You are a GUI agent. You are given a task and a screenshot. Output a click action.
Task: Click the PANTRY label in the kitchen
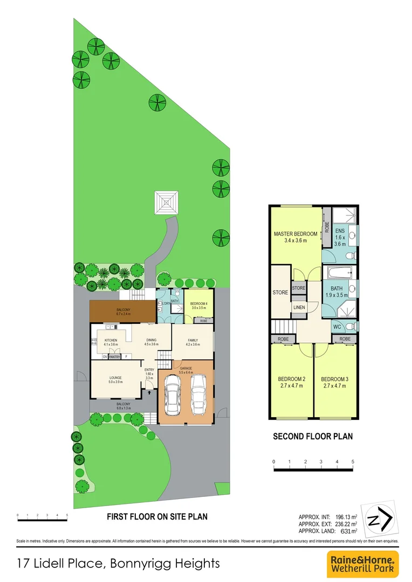[114, 356]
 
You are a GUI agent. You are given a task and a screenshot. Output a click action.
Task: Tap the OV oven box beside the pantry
[105, 356]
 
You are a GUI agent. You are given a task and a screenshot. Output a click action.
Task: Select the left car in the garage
[173, 395]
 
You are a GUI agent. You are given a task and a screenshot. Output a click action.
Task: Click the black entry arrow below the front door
[149, 393]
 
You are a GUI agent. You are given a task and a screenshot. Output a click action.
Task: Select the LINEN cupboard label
[299, 307]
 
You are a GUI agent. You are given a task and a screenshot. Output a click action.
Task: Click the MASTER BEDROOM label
[295, 233]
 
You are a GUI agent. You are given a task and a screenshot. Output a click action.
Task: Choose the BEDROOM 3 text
[335, 379]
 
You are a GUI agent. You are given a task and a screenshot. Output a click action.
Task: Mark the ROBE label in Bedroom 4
[203, 321]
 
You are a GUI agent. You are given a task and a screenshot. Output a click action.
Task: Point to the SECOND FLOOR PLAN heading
[313, 436]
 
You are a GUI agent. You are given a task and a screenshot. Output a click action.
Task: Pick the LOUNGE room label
[115, 377]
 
